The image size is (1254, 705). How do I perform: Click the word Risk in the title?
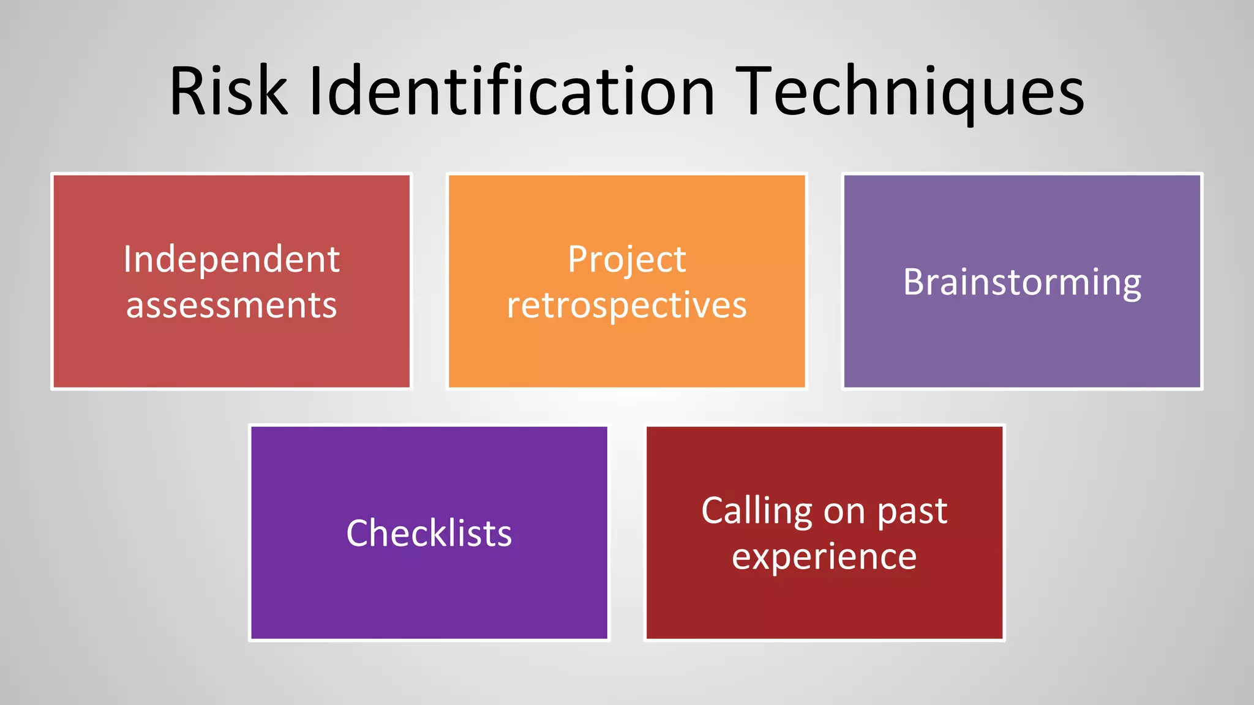[228, 92]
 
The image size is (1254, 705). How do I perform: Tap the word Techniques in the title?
[910, 92]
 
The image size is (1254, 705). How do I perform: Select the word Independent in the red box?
[231, 259]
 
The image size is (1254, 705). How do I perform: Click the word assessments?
[231, 305]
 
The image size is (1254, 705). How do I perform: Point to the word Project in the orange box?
[626, 259]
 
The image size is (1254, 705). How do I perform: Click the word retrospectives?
[626, 305]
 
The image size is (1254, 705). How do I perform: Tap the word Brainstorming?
[1022, 282]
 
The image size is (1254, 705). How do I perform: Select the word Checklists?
[429, 533]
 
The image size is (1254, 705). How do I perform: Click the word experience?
[824, 556]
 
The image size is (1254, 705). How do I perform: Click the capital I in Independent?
[127, 259]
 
